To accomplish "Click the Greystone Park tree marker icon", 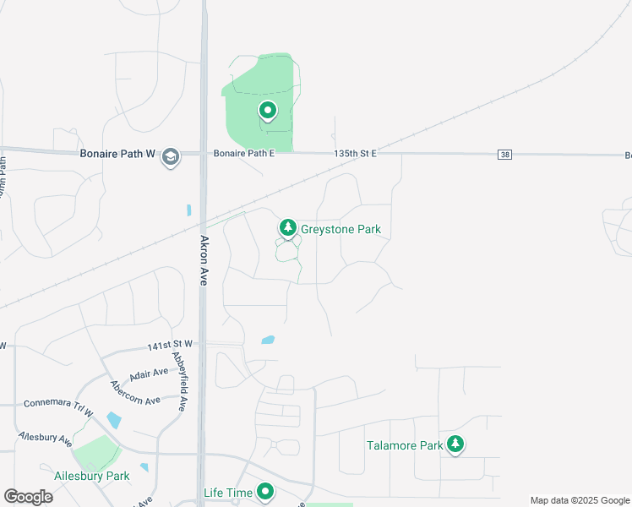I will point(288,228).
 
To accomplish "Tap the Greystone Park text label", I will point(341,229).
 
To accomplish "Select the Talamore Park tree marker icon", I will point(455,444).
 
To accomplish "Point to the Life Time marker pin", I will point(266,491).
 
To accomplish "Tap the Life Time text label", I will point(228,492).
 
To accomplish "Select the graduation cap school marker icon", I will point(171,156).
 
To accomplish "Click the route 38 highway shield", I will point(505,155).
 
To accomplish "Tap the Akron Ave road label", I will point(204,260).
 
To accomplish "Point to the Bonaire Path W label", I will point(118,155).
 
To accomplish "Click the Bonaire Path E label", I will point(244,154).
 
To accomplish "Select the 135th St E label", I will point(355,154).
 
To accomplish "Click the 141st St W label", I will point(170,345).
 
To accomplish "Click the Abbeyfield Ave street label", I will point(179,381).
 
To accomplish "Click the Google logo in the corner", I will point(28,496).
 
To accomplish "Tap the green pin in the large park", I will point(268,111).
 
